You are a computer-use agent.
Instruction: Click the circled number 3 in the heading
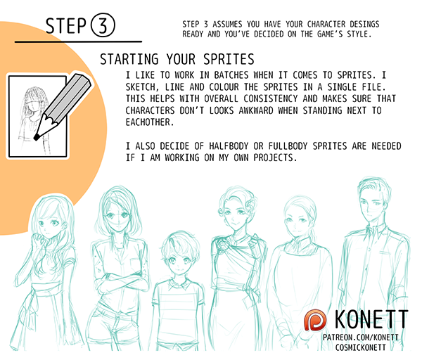click(103, 25)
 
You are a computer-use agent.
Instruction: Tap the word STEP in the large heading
click(66, 26)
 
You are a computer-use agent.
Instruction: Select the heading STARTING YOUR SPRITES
click(177, 59)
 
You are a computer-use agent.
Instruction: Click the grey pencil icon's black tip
click(36, 137)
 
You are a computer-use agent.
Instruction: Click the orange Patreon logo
click(315, 320)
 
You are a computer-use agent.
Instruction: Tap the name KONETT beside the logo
click(371, 319)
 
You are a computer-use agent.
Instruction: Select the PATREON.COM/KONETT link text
click(360, 337)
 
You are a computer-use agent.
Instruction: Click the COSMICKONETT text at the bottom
click(360, 347)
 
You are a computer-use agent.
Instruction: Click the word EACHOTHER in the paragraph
click(150, 122)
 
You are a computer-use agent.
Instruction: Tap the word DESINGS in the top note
click(364, 24)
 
